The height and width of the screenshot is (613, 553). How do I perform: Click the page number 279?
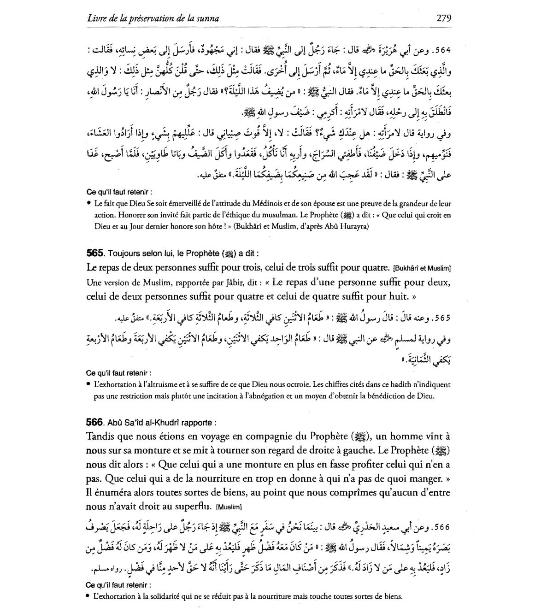click(443, 18)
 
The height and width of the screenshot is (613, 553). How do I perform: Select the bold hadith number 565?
click(94, 253)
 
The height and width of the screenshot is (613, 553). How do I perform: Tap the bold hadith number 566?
click(94, 422)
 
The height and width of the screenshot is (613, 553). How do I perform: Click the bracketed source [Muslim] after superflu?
click(229, 507)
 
